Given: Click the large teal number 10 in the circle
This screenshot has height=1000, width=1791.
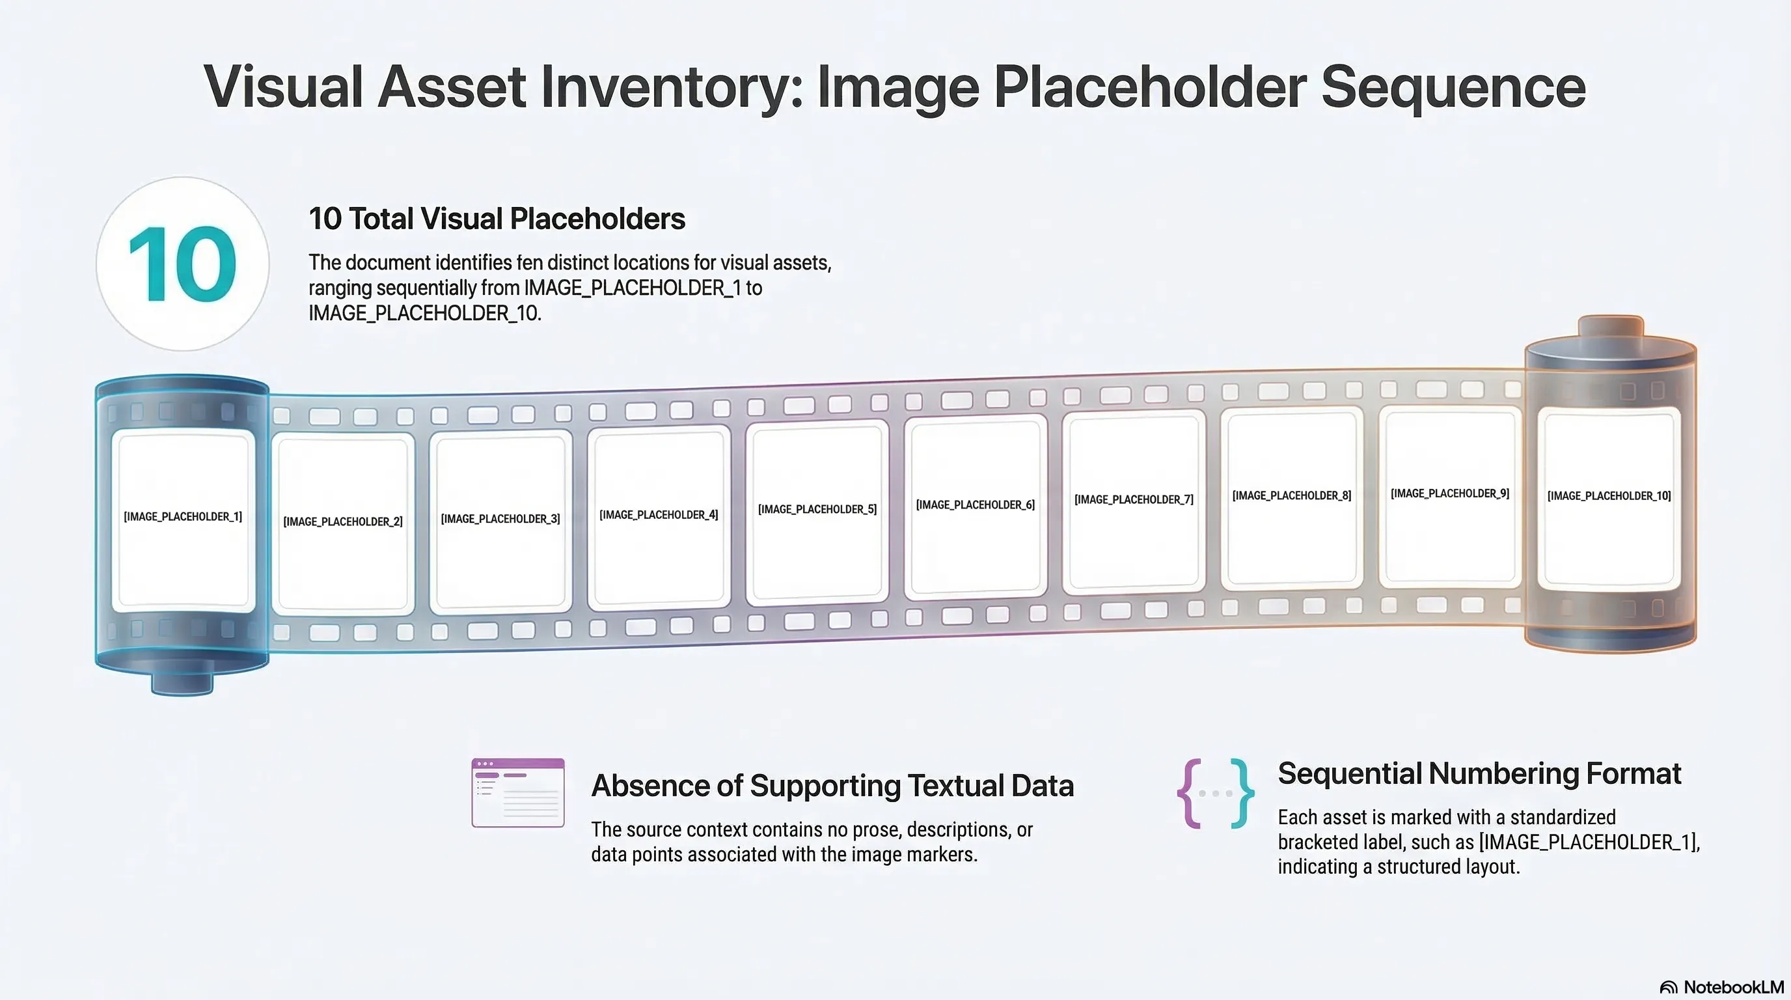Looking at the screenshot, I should pos(182,265).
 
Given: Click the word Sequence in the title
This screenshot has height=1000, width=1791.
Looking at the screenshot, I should pos(1453,88).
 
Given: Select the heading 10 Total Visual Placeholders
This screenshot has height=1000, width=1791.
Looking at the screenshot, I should pos(497,219).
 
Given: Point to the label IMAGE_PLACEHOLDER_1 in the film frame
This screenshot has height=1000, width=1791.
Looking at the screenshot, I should pos(183,517).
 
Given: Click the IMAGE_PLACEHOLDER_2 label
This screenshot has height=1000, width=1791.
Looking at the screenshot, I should pos(343,521).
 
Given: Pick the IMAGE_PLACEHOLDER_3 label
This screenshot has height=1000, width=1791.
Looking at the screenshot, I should pos(500,519).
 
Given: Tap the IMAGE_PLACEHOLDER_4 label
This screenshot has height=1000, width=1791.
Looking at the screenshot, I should pos(659,514).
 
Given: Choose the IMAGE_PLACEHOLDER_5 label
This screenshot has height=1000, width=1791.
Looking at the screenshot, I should pos(817,510).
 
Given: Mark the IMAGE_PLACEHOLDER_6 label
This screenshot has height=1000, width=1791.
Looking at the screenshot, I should pos(976,505).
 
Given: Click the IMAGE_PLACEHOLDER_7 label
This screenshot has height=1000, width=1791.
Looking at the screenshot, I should pos(1134,500).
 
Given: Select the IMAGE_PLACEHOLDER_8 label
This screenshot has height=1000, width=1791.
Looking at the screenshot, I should pos(1292,496).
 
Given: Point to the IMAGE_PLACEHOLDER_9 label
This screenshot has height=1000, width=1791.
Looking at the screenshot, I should pos(1449,493).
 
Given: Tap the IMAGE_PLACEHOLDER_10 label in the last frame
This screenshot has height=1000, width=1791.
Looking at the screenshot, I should pos(1609,496).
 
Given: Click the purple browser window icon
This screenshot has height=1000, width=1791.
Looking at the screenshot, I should pos(518,793).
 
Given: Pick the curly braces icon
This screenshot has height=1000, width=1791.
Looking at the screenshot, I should pos(1215,794).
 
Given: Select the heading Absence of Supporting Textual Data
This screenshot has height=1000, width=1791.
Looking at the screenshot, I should pos(832,786).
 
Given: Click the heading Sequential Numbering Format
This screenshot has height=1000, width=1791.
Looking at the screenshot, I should pos(1479,773).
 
